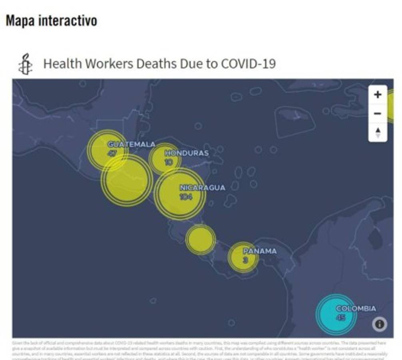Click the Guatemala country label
[131, 144]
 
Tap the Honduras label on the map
[187, 153]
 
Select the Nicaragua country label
[202, 188]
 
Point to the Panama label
[260, 251]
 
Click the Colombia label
[356, 309]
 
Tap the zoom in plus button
[378, 95]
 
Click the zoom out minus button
[378, 114]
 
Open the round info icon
[379, 324]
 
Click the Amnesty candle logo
[26, 64]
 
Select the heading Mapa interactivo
[51, 21]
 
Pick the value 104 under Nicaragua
[186, 197]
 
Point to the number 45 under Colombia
[340, 318]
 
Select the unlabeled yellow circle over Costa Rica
[201, 240]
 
